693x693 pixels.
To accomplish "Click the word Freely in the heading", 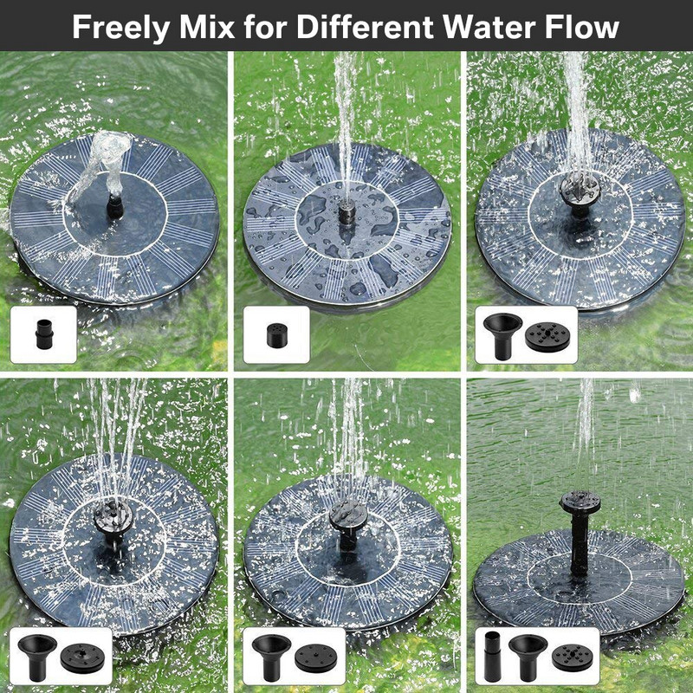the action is pos(120,28).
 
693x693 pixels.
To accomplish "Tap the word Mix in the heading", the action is pos(207,27).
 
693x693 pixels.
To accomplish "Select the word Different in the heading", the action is pos(365,27).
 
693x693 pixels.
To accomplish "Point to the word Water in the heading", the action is pos(489,27).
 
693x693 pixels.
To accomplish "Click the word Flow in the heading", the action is pos(581,27).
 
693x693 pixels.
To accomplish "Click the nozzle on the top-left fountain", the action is pos(115,207).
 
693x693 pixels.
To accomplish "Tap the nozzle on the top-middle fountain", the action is pos(347,212).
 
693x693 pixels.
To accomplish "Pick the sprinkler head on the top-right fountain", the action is pos(580,190).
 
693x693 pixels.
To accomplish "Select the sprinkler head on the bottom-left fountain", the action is pos(113,518).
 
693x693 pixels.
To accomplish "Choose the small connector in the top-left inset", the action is pos(44,334).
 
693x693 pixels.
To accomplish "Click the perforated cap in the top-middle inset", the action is pos(276,335).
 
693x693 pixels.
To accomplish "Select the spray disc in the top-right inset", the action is pos(547,337).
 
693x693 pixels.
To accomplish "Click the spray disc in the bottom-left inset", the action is pos(82,658).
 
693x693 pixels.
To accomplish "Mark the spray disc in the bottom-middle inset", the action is pos(316,658).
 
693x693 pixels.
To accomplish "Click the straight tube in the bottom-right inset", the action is pos(493,657).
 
